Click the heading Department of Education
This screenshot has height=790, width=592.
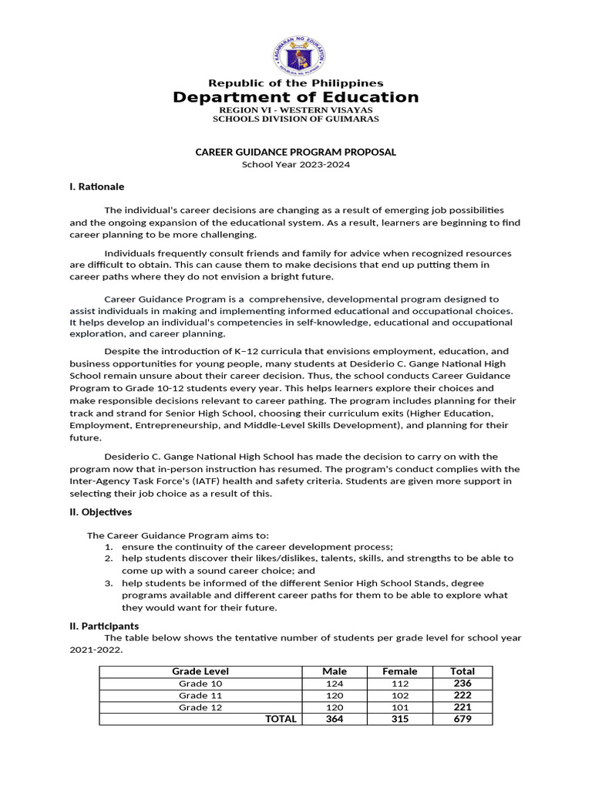pyautogui.click(x=296, y=97)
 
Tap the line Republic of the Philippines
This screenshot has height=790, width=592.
pyautogui.click(x=296, y=83)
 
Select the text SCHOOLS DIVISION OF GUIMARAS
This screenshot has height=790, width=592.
pyautogui.click(x=296, y=119)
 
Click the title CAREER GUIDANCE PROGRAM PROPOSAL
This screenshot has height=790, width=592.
pyautogui.click(x=296, y=152)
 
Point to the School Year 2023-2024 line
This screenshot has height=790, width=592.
pyautogui.click(x=296, y=164)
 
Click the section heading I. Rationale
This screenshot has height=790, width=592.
pyautogui.click(x=97, y=187)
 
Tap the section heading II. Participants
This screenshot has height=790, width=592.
pyautogui.click(x=105, y=626)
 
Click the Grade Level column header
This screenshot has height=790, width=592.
pyautogui.click(x=200, y=671)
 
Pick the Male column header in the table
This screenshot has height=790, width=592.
pyautogui.click(x=334, y=671)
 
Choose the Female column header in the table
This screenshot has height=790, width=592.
pyautogui.click(x=399, y=671)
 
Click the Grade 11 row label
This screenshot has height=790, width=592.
pyautogui.click(x=200, y=695)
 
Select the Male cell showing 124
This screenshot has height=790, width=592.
pyautogui.click(x=334, y=684)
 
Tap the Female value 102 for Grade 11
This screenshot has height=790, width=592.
pyautogui.click(x=399, y=695)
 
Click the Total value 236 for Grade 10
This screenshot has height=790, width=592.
pyautogui.click(x=462, y=684)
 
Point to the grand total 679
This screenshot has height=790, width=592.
pyautogui.click(x=462, y=719)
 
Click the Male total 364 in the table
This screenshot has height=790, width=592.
pyautogui.click(x=334, y=719)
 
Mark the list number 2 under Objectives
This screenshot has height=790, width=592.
pyautogui.click(x=109, y=558)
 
